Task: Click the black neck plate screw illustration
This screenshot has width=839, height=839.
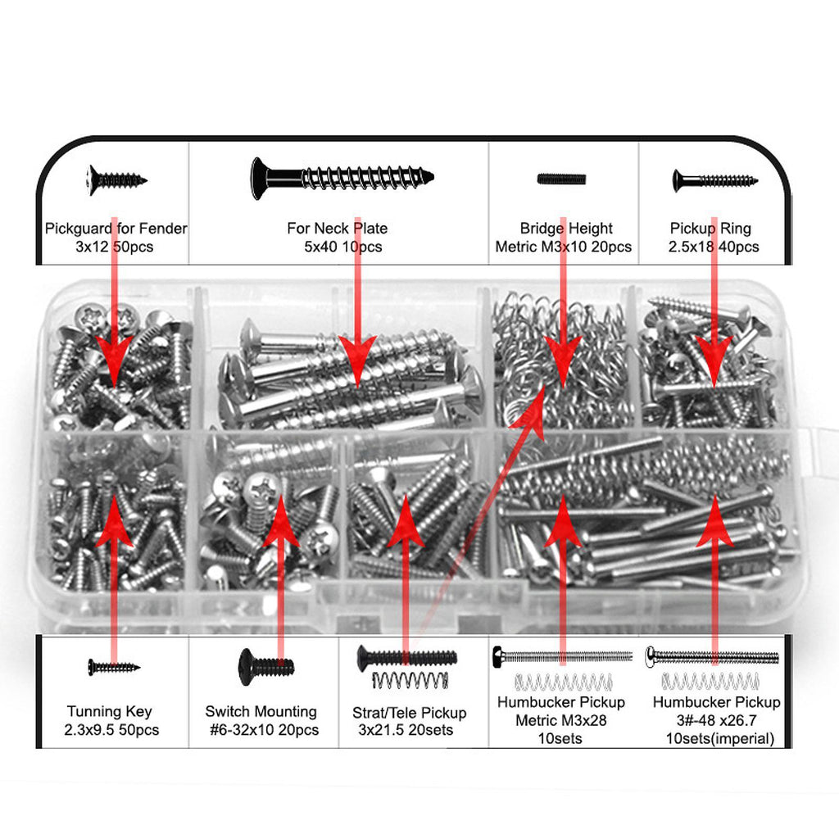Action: [x=342, y=178]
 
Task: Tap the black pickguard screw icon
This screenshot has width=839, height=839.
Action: [x=116, y=179]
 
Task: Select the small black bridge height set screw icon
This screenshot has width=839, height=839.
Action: [x=562, y=179]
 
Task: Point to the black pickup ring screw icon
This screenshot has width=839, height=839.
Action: [x=714, y=180]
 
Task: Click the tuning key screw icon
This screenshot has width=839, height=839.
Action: [x=114, y=667]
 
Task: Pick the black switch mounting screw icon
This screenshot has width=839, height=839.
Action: [x=266, y=667]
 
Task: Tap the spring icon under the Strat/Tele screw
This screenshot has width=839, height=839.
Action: [x=410, y=680]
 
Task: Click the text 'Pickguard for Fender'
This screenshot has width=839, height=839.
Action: [x=116, y=229]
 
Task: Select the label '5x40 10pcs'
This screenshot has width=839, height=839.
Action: [x=343, y=247]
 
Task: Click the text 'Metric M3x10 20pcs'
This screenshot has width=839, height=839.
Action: [x=564, y=247]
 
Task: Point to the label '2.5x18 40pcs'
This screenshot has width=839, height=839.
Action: [x=714, y=247]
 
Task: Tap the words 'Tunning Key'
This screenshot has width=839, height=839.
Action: [x=110, y=712]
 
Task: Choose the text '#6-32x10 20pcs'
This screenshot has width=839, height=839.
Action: [x=265, y=730]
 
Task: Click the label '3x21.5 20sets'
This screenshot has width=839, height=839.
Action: [x=406, y=730]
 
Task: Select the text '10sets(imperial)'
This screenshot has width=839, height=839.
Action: [x=720, y=739]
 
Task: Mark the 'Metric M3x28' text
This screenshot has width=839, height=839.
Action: [x=560, y=721]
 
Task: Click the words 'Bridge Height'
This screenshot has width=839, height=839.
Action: [x=566, y=229]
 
